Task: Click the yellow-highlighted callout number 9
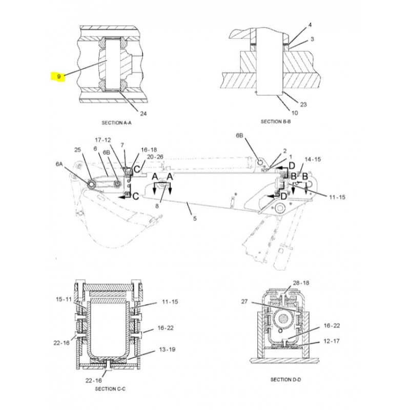coord(59,76)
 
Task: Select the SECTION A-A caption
coord(116,122)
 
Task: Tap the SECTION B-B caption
coord(276,121)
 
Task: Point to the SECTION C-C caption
coord(110,389)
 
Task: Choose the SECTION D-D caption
coord(285,379)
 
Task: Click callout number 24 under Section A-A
coord(143,113)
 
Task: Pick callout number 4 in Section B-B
coord(310,25)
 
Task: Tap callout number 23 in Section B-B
coord(303,105)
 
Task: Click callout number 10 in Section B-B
coord(295,113)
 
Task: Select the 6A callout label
coord(59,164)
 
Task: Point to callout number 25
coord(78,150)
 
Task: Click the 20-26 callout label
coord(155,157)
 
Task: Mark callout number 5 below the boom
coord(195,218)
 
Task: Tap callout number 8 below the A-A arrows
coord(157,206)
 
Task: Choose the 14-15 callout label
coord(313,159)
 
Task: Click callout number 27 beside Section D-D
coord(244,301)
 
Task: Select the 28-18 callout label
coord(301,283)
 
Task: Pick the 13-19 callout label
coord(167,350)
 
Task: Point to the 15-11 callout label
coord(64,299)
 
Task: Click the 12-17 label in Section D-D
coord(332,341)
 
